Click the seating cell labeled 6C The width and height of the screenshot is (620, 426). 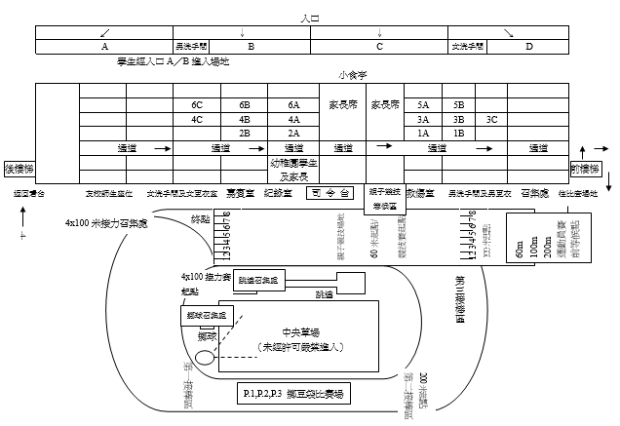(196, 104)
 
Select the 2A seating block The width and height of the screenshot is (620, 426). (293, 133)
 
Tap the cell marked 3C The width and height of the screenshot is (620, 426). (491, 119)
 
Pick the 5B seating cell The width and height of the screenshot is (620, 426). (458, 104)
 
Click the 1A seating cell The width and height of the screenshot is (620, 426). (422, 133)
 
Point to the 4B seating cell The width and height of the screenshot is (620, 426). (244, 119)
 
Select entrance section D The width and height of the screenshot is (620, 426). (529, 46)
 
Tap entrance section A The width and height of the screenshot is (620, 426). (104, 46)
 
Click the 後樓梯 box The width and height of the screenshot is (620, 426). (20, 168)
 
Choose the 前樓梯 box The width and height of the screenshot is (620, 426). (586, 168)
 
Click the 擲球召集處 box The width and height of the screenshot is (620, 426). (206, 315)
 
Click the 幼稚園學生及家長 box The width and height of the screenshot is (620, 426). (294, 170)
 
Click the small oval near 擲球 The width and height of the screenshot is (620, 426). (206, 358)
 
